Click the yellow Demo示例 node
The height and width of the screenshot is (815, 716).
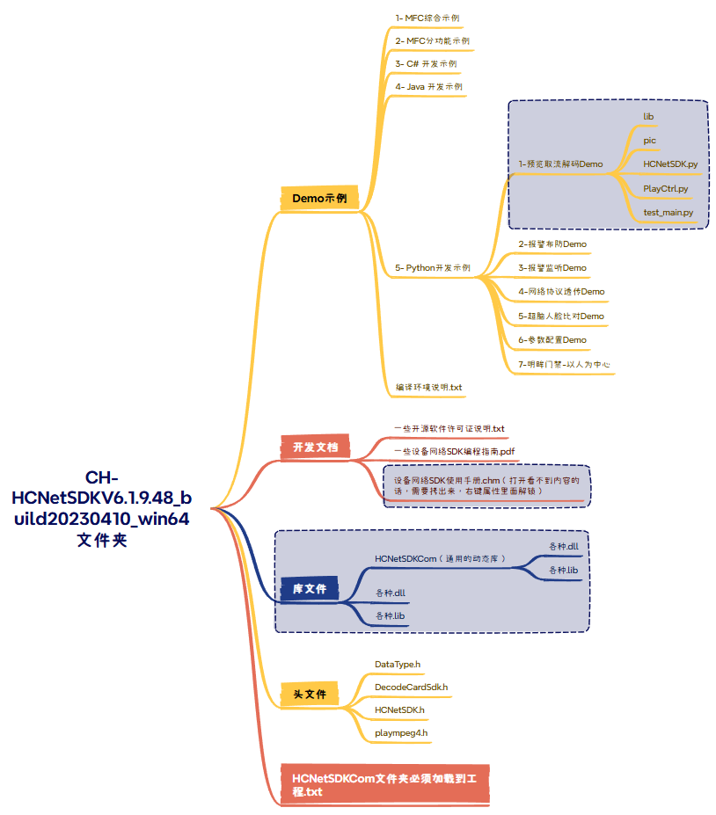pos(319,199)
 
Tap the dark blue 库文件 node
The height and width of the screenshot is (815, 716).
pos(309,589)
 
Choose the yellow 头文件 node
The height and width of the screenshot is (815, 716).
pos(310,695)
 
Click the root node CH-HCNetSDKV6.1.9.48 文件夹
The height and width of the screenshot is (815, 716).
pos(102,508)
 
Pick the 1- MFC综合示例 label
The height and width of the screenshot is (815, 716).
pos(427,18)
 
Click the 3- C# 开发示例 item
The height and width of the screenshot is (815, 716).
pos(426,64)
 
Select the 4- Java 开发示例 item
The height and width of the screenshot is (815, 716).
pos(429,87)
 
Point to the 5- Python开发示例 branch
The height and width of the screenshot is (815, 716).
pos(433,267)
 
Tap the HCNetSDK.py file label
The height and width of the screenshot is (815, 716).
pos(670,164)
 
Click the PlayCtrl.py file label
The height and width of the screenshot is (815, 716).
pos(666,188)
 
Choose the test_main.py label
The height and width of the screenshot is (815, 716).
pos(669,212)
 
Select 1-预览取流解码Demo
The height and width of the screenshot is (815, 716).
pos(560,164)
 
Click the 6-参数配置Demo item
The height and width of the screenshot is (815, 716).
pos(552,339)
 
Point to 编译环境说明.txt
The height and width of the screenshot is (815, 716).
pos(429,387)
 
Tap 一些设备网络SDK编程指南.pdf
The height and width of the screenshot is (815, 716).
pos(454,451)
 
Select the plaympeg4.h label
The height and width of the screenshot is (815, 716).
pos(401,732)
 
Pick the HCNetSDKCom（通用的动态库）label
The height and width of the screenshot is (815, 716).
pos(440,558)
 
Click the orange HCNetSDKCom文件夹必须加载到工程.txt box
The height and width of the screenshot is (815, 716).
pos(384,784)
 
